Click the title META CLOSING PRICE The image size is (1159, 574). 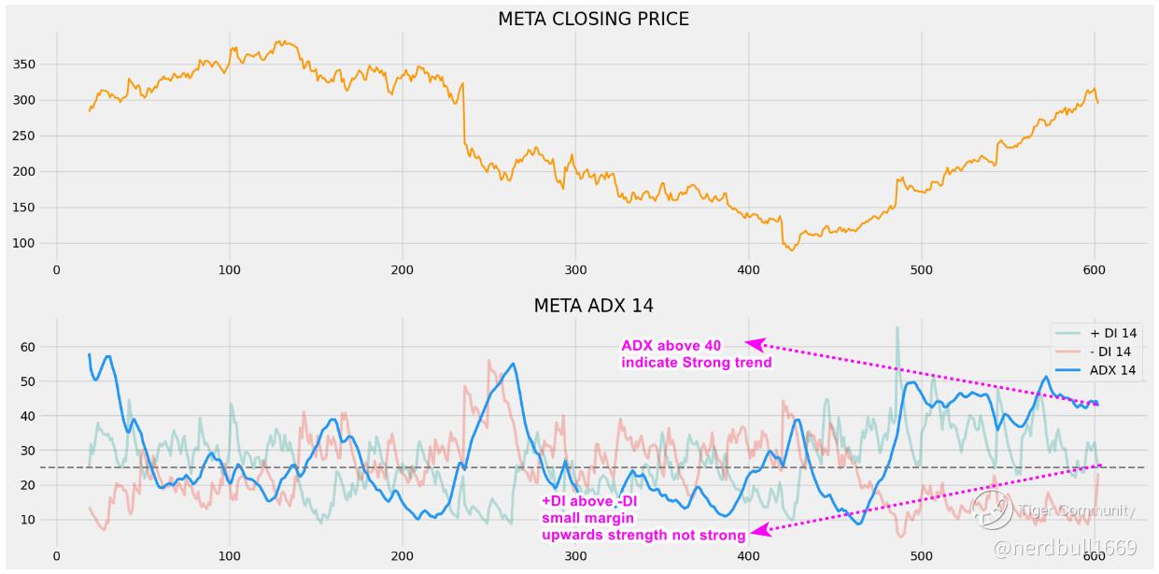tap(593, 19)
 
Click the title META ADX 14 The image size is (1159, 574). tap(593, 306)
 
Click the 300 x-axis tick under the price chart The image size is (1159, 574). tap(575, 270)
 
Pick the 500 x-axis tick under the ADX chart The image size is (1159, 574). tap(921, 556)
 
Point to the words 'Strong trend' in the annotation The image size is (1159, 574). tap(728, 363)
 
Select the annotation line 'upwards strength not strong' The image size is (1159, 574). tap(643, 535)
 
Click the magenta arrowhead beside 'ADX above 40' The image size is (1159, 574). tap(755, 345)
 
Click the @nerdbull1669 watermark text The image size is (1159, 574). tap(1065, 548)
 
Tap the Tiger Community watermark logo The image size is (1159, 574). tap(991, 509)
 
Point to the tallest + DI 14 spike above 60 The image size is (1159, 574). tap(897, 328)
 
